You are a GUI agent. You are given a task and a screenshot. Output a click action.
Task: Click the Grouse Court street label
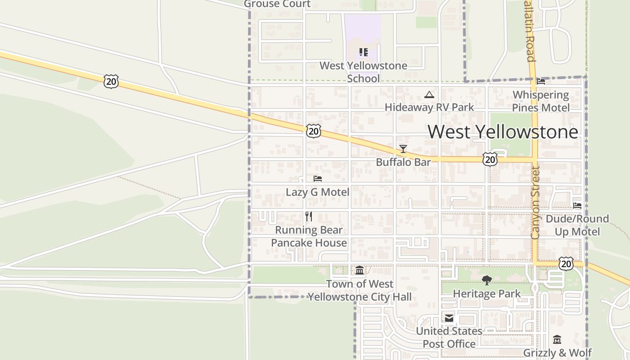coord(277,4)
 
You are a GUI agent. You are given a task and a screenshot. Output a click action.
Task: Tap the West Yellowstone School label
coord(363,72)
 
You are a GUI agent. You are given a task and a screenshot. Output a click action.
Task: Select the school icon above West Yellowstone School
coord(363,52)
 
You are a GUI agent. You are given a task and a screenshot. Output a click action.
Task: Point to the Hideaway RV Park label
coord(429,107)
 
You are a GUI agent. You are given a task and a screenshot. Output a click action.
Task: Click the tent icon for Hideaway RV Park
coord(429,94)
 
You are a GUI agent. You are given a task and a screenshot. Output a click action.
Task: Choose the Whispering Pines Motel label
coord(540,101)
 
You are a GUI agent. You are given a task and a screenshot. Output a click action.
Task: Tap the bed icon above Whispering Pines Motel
coord(541,81)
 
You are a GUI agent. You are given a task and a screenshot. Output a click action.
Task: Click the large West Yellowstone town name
coord(503,132)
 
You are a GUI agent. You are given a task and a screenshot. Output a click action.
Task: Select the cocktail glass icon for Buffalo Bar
coord(403,149)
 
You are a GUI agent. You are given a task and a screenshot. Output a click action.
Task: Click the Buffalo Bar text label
coord(403,162)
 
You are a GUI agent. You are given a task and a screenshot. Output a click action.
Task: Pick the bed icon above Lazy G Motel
coord(317,179)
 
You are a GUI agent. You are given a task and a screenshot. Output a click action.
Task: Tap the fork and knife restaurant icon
coord(309,216)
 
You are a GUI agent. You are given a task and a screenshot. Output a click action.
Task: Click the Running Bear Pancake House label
coord(309,236)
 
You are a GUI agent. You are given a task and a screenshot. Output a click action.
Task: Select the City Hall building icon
coord(360,270)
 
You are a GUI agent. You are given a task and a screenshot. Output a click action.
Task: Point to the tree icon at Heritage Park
coord(486,280)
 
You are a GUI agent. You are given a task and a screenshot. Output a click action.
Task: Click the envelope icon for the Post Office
coord(449,318)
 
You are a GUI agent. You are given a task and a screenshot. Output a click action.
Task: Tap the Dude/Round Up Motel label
coord(577,225)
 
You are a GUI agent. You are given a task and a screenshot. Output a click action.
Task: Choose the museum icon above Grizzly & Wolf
coord(557,339)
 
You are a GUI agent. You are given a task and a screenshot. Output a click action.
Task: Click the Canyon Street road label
coord(535,202)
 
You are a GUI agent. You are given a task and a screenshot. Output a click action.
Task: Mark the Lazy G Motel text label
coord(317,192)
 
